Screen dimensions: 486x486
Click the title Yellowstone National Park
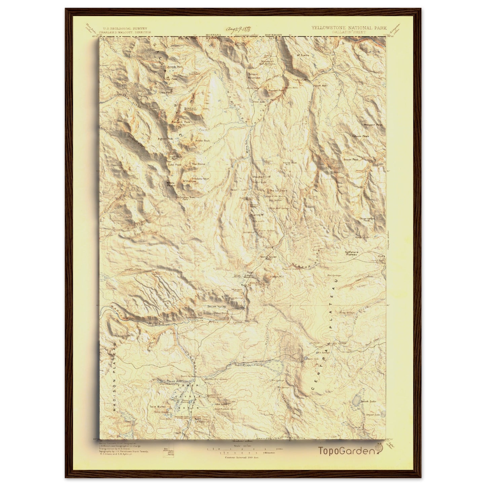point(349,28)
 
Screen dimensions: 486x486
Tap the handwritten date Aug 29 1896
point(240,29)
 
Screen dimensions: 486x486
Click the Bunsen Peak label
point(276,90)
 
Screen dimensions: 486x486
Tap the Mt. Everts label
point(303,55)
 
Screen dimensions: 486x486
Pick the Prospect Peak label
point(373,125)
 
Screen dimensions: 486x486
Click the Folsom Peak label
point(360,136)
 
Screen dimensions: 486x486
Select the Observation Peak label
point(367,219)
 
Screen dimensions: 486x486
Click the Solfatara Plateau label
point(352,253)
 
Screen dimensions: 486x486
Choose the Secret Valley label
point(217,307)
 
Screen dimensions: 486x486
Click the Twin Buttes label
point(158,407)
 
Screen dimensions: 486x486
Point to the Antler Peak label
point(202,141)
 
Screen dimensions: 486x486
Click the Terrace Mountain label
point(254,76)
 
